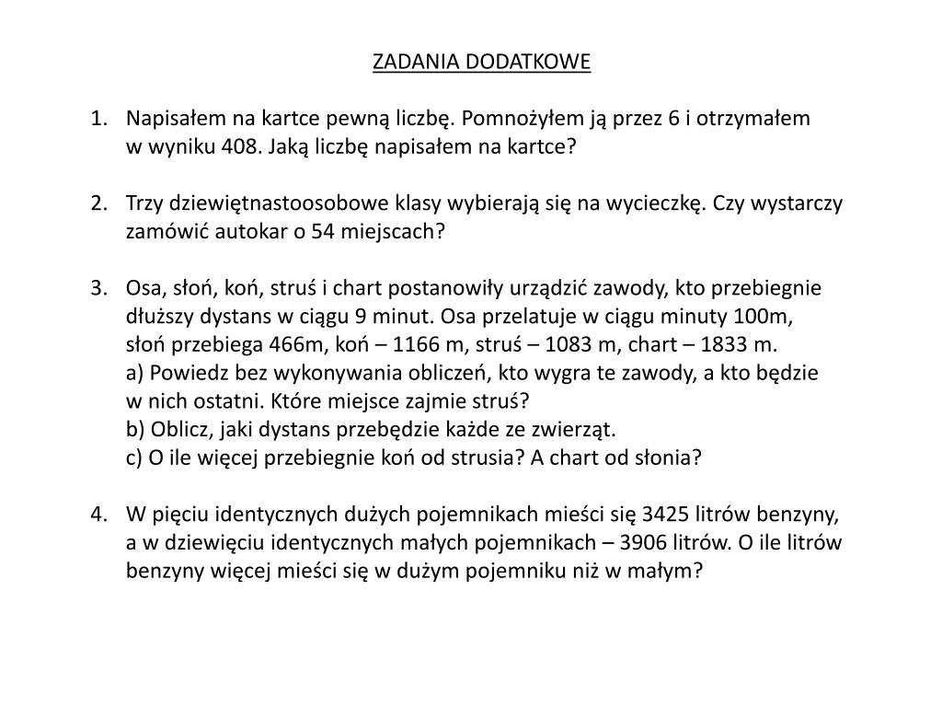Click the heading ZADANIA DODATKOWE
(481, 62)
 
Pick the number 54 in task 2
(322, 232)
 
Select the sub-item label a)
(135, 375)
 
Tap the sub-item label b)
(136, 430)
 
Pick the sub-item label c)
(134, 458)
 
